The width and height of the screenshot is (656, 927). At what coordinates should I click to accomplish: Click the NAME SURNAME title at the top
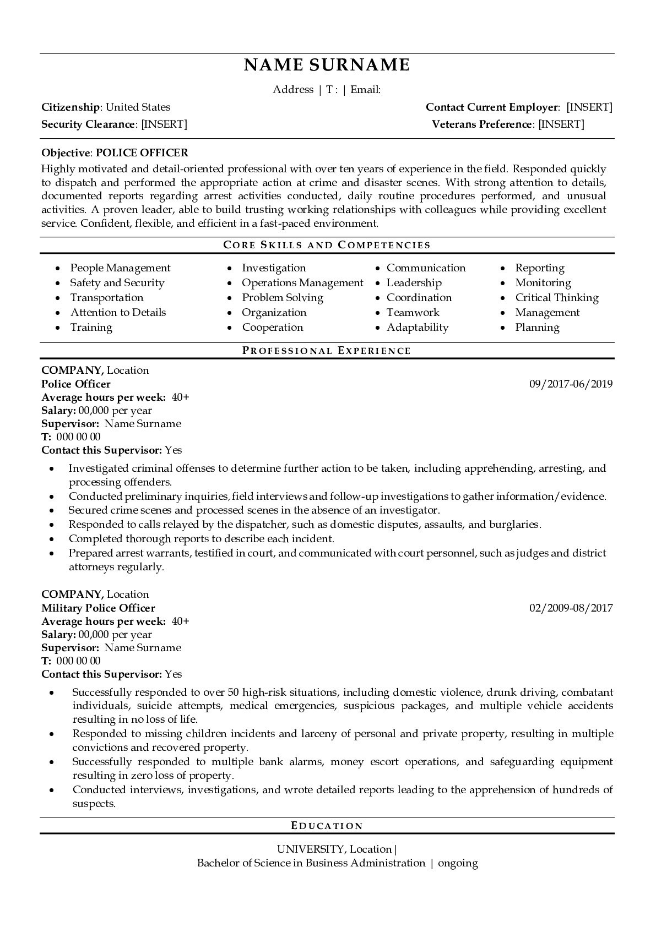[x=327, y=65]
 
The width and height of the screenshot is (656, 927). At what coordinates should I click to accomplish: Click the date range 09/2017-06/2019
[x=571, y=384]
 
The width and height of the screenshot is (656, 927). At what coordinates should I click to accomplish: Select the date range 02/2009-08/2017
[x=571, y=608]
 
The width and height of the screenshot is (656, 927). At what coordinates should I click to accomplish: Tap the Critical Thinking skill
[x=556, y=298]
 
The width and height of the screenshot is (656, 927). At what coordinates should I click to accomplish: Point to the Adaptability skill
[x=417, y=328]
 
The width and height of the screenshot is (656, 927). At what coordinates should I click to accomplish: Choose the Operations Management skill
[x=302, y=283]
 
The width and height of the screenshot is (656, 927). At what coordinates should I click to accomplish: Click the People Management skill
[x=120, y=268]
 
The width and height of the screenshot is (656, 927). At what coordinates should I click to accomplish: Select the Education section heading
[x=327, y=826]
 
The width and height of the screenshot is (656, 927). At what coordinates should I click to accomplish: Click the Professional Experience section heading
[x=327, y=351]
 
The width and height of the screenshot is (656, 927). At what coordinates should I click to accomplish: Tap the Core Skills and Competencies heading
[x=327, y=245]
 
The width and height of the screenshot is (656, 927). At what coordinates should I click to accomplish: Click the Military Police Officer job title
[x=98, y=608]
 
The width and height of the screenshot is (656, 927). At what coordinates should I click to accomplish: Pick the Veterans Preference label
[x=481, y=124]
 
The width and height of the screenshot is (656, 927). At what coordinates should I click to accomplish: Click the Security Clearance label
[x=88, y=124]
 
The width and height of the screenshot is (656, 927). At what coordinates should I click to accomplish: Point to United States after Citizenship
[x=138, y=107]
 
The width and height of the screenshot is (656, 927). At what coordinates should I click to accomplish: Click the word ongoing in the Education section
[x=458, y=863]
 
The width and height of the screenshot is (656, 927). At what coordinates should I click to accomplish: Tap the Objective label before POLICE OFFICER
[x=65, y=153]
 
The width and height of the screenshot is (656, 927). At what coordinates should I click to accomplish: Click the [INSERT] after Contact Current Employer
[x=589, y=107]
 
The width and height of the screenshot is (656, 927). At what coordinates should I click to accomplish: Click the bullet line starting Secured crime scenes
[x=254, y=510]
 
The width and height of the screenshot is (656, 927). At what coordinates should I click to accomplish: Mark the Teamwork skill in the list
[x=413, y=313]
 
